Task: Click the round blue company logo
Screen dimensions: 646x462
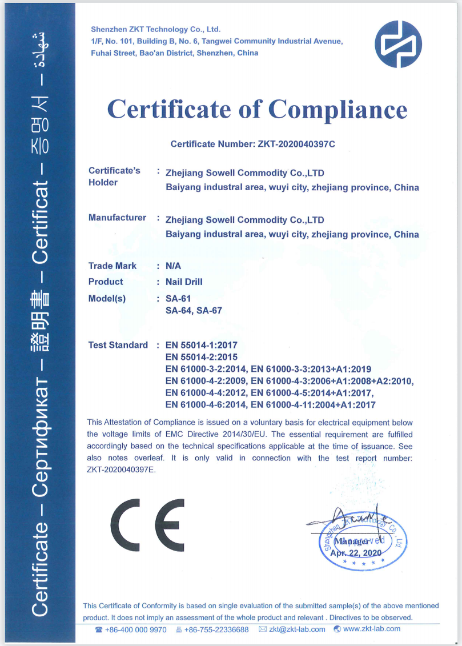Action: [398, 44]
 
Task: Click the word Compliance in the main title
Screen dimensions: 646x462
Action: [338, 109]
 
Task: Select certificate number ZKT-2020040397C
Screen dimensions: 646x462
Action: [293, 144]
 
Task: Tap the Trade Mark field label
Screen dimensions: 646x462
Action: [113, 266]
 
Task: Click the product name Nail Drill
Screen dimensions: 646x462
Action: [184, 282]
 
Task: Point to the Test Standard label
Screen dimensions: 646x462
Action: [118, 345]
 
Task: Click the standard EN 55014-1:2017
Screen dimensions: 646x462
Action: [201, 345]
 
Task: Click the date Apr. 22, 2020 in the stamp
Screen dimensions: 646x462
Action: [356, 552]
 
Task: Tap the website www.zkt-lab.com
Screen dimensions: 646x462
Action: [372, 629]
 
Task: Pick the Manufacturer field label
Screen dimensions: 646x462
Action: [117, 218]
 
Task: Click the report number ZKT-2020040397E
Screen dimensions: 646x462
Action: [120, 470]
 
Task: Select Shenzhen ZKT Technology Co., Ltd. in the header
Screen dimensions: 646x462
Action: [155, 29]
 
